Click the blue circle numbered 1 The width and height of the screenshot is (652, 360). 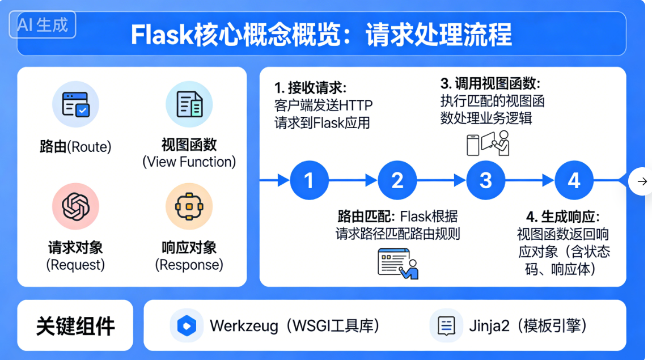pos(309,181)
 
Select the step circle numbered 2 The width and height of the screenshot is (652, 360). pos(397,181)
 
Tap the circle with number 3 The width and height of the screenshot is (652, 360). pos(486,181)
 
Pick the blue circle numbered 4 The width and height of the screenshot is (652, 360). pos(574,181)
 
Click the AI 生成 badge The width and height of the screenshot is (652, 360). pos(43,25)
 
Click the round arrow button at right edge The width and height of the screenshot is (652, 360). pos(642,181)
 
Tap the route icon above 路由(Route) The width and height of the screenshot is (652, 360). pos(75,105)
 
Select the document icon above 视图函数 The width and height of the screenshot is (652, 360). pos(189,105)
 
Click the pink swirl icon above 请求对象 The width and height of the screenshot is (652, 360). pos(75,206)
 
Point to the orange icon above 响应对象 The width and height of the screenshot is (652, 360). pos(189,206)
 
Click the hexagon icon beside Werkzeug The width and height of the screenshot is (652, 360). pos(187,325)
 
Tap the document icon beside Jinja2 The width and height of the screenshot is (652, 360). pos(447,325)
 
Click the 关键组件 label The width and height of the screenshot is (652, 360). pos(75,326)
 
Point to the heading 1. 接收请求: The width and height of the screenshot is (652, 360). pos(310,88)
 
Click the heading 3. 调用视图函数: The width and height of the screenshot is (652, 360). pos(490,84)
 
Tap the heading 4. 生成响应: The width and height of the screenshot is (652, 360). pos(562,217)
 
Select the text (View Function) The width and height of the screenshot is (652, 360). pos(189,162)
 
